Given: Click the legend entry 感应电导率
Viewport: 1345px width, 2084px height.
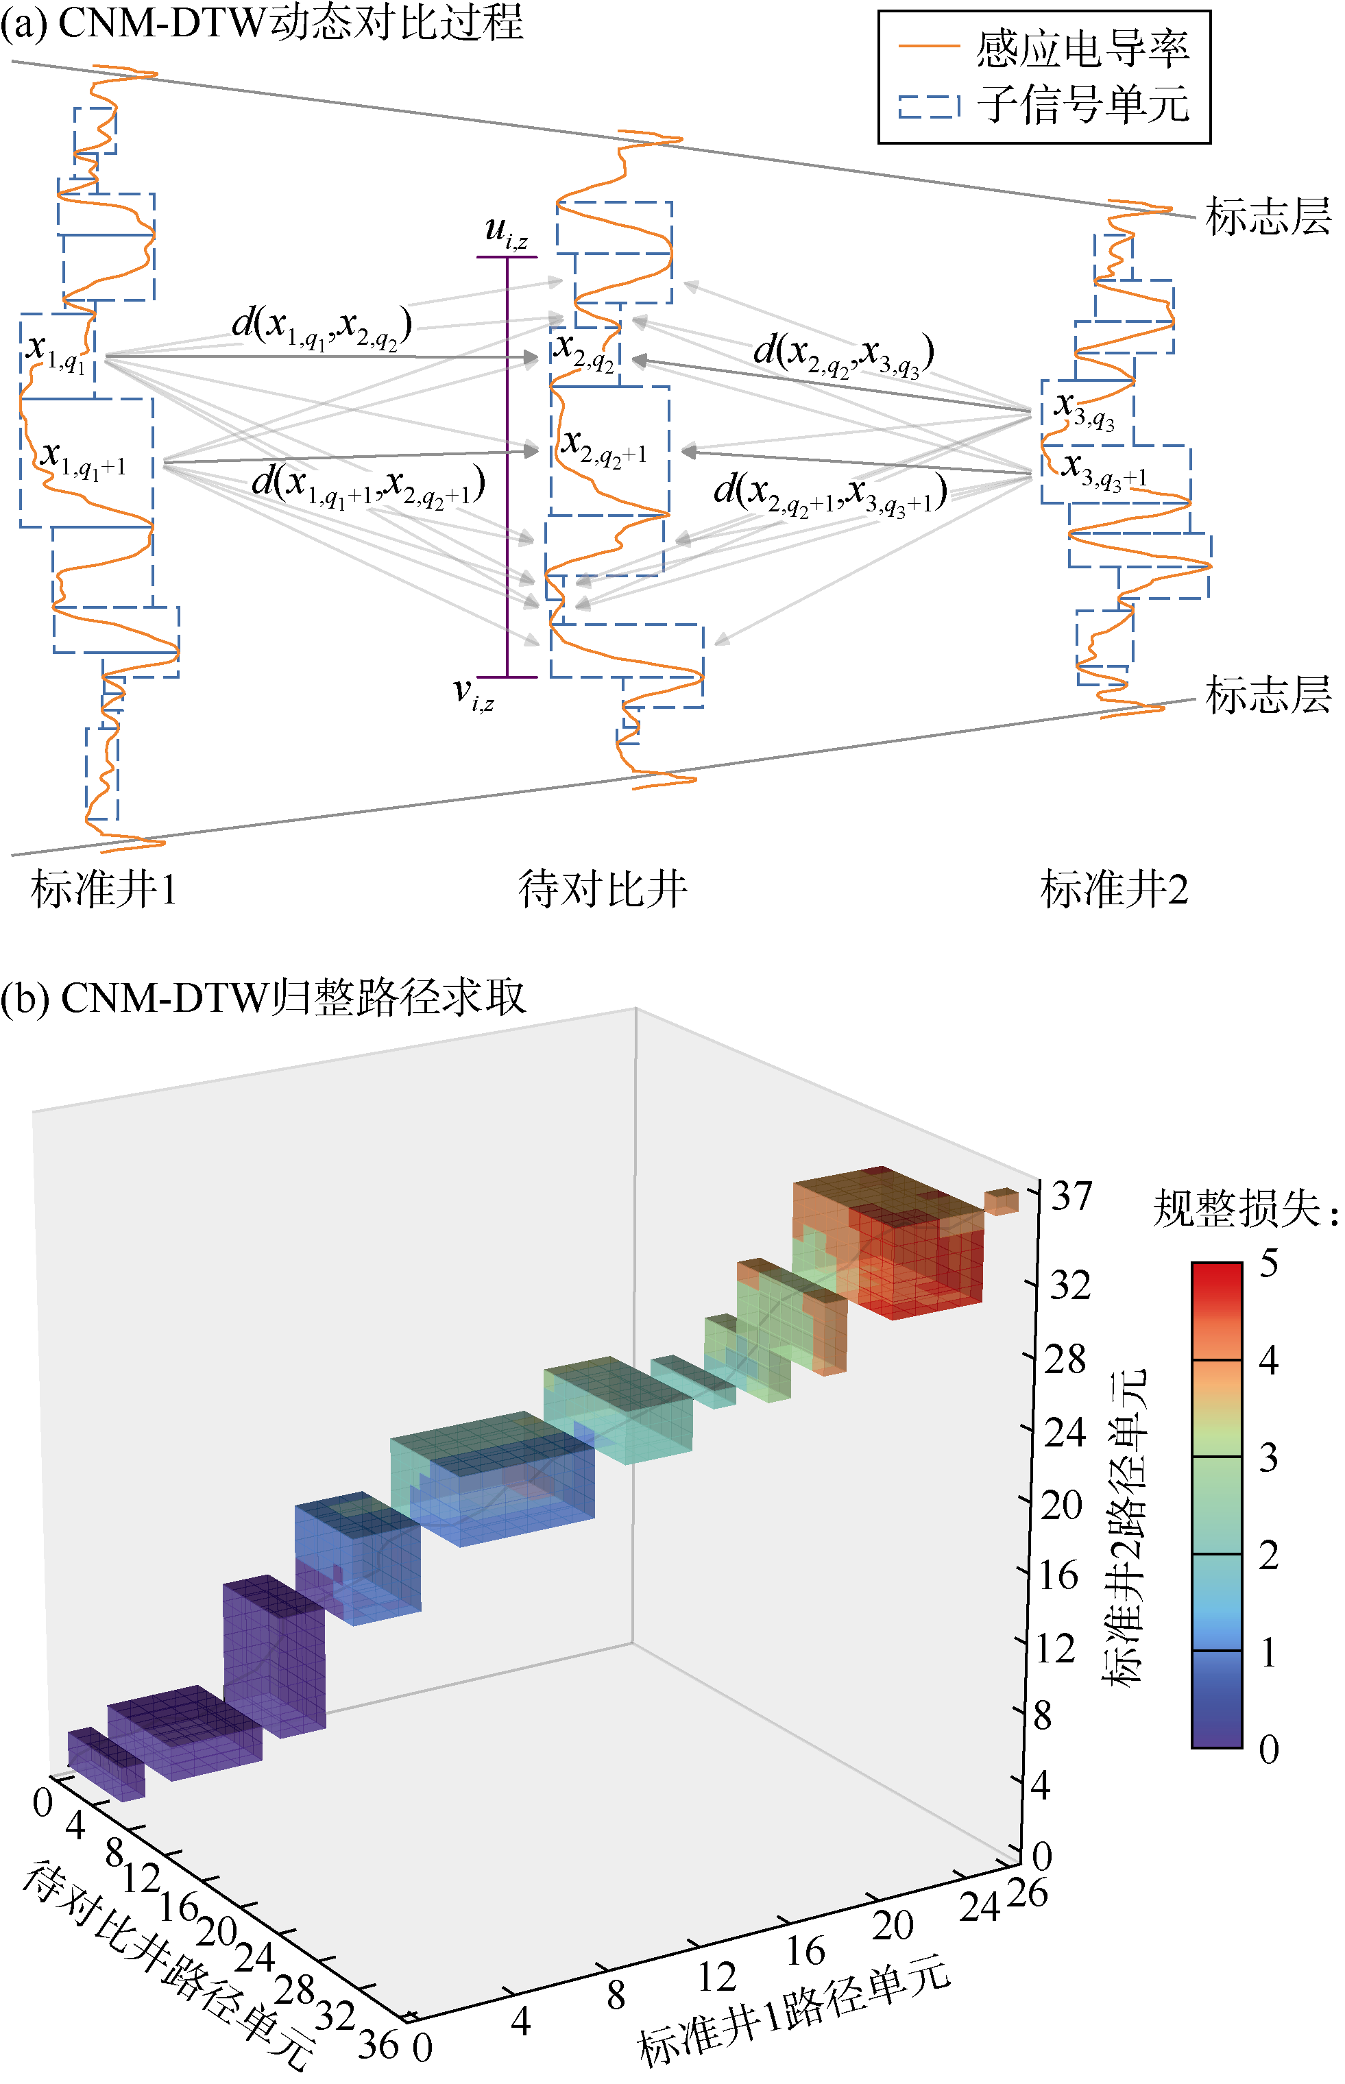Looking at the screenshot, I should (1082, 49).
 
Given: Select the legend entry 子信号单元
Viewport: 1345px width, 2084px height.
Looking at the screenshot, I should (1082, 105).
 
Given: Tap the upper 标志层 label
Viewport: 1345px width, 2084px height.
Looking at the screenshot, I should (1268, 216).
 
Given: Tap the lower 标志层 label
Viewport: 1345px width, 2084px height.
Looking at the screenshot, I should (1268, 695).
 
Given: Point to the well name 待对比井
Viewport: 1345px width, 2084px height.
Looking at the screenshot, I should (603, 890).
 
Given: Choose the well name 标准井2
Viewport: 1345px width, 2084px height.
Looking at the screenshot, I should (1115, 890).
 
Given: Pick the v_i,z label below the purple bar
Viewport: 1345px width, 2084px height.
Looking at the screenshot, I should (474, 694).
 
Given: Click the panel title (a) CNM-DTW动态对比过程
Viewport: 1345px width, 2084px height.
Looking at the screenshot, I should (262, 22).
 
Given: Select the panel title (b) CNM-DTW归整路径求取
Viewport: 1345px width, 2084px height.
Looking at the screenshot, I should (263, 997).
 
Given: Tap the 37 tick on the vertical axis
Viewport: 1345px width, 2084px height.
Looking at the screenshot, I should (1071, 1197).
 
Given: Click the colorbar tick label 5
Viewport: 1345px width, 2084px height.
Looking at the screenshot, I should (1268, 1264).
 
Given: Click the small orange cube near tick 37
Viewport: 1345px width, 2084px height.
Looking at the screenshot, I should (1001, 1201).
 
